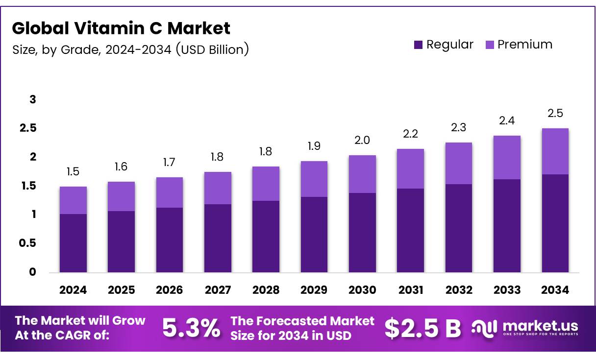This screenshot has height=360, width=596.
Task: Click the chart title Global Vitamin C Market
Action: [121, 28]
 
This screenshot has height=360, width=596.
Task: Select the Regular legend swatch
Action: [418, 45]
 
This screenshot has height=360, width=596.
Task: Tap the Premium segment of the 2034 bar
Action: [555, 151]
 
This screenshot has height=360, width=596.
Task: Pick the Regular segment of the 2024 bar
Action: [73, 243]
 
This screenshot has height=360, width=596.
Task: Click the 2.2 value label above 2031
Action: [411, 134]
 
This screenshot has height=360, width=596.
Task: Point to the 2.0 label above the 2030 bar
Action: [362, 140]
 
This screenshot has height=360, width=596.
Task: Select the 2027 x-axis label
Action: [218, 290]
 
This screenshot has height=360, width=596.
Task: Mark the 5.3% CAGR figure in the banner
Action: [191, 328]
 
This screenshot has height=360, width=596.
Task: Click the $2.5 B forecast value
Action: [422, 328]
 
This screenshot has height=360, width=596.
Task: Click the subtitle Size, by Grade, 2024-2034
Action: [130, 49]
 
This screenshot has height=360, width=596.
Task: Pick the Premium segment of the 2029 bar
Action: [314, 179]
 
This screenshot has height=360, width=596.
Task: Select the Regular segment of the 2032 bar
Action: [459, 228]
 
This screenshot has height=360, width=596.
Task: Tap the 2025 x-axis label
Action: [121, 290]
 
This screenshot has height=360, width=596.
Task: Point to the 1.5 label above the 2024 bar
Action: [73, 171]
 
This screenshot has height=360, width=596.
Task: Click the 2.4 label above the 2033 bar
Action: [507, 120]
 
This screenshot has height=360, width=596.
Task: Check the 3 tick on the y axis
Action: [33, 99]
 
